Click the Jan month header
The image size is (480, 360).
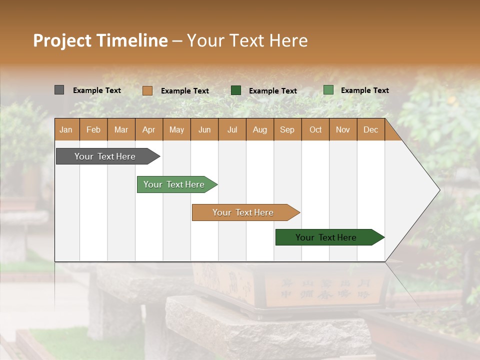[x=66, y=129]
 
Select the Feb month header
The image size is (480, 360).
[x=93, y=129]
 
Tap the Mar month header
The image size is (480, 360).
[x=121, y=129]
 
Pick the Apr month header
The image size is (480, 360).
[x=149, y=129]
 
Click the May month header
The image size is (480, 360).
[x=176, y=129]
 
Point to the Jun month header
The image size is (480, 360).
[x=204, y=129]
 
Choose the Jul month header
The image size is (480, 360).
[x=232, y=129]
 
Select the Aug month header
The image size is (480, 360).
[x=260, y=129]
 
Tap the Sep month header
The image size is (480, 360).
[x=287, y=129]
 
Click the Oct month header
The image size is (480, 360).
[x=315, y=129]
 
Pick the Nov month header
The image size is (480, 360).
[x=343, y=129]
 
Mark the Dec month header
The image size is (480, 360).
[x=371, y=129]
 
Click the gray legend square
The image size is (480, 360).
[x=59, y=90]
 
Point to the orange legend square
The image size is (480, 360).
[x=147, y=90]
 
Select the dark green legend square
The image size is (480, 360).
[x=236, y=90]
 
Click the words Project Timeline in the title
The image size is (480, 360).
[x=100, y=40]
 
